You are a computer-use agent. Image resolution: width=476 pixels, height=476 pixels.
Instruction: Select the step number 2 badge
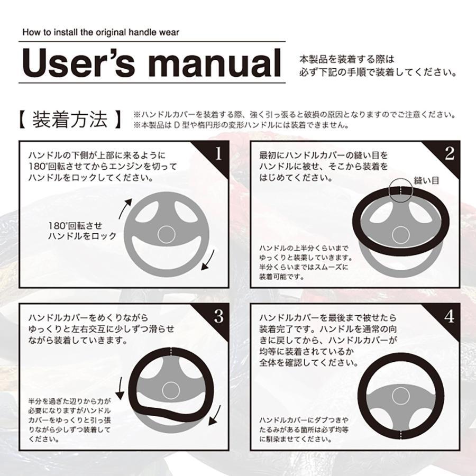[450, 153]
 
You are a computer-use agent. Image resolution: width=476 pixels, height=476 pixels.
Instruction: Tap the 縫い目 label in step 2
[428, 180]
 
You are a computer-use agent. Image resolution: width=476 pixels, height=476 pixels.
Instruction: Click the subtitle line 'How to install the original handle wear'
[100, 32]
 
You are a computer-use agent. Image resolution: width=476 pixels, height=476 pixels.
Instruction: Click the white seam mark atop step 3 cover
[171, 351]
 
